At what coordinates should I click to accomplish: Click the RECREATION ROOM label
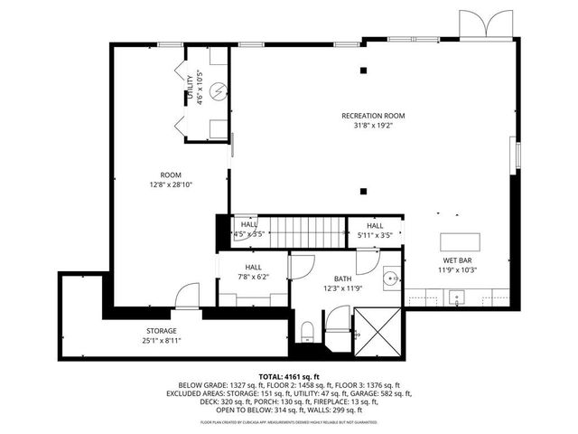(373, 116)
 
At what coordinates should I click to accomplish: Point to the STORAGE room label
(163, 331)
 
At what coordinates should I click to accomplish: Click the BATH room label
(342, 278)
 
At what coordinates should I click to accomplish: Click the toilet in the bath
(307, 331)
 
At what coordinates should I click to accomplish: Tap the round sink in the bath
(390, 279)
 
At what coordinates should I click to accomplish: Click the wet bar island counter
(461, 241)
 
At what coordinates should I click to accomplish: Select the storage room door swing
(187, 295)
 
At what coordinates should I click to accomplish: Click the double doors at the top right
(478, 25)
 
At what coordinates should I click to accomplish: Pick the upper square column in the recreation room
(362, 71)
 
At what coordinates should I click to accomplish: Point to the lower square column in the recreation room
(362, 191)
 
